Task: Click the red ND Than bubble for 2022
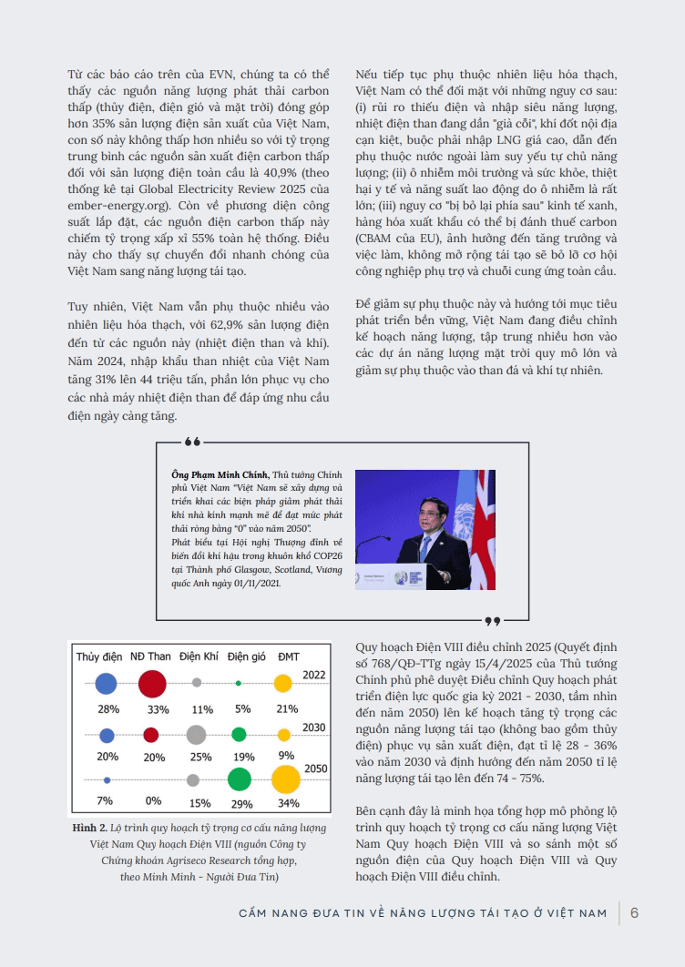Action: tap(151, 683)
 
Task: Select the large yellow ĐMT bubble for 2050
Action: tap(285, 780)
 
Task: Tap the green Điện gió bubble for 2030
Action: tap(239, 734)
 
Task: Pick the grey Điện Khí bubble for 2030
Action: tap(195, 734)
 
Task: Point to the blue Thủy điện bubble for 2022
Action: tap(107, 683)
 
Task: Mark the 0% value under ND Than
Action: tap(152, 802)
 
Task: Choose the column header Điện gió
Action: tap(245, 657)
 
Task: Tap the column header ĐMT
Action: tap(288, 657)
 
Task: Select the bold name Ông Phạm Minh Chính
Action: tap(216, 474)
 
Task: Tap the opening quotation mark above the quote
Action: tap(192, 443)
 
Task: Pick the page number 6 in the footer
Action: tap(634, 912)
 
